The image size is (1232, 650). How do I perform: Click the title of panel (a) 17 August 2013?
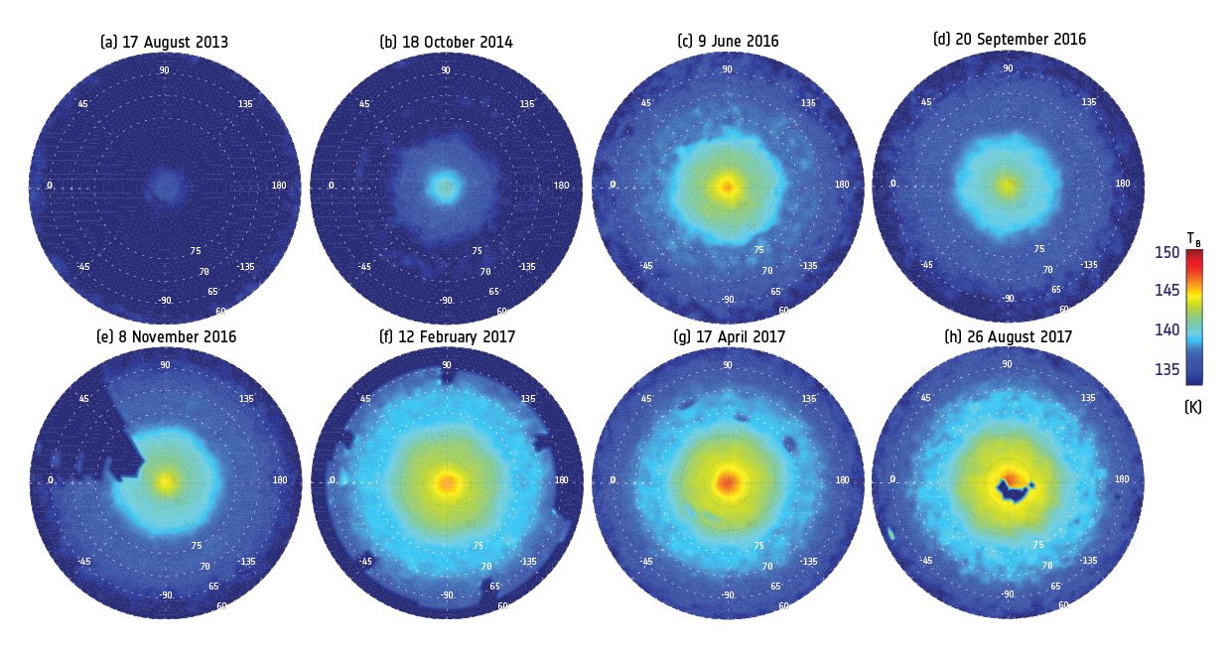pos(164,43)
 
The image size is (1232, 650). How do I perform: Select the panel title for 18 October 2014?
pos(446,43)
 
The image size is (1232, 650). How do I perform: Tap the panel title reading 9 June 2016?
pos(728,42)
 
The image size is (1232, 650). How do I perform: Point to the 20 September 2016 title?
pos(1010,40)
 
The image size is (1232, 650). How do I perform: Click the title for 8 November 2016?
pos(166,337)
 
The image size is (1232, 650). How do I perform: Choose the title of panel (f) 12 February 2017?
pos(448,337)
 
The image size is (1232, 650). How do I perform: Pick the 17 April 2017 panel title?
pos(729,337)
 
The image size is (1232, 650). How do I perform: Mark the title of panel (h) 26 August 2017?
pos(1008,337)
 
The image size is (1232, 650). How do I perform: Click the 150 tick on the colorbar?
pos(1168,253)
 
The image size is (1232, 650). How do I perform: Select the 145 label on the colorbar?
pos(1168,291)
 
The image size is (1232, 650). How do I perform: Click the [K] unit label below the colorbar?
pos(1193,407)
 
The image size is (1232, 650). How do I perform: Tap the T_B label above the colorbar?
pos(1193,238)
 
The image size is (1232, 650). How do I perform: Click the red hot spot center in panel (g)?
pos(728,483)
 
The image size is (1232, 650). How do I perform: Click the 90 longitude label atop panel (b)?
pos(446,70)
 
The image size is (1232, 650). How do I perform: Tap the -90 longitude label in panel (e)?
pos(165,595)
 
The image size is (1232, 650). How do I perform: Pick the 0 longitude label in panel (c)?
pos(613,185)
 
